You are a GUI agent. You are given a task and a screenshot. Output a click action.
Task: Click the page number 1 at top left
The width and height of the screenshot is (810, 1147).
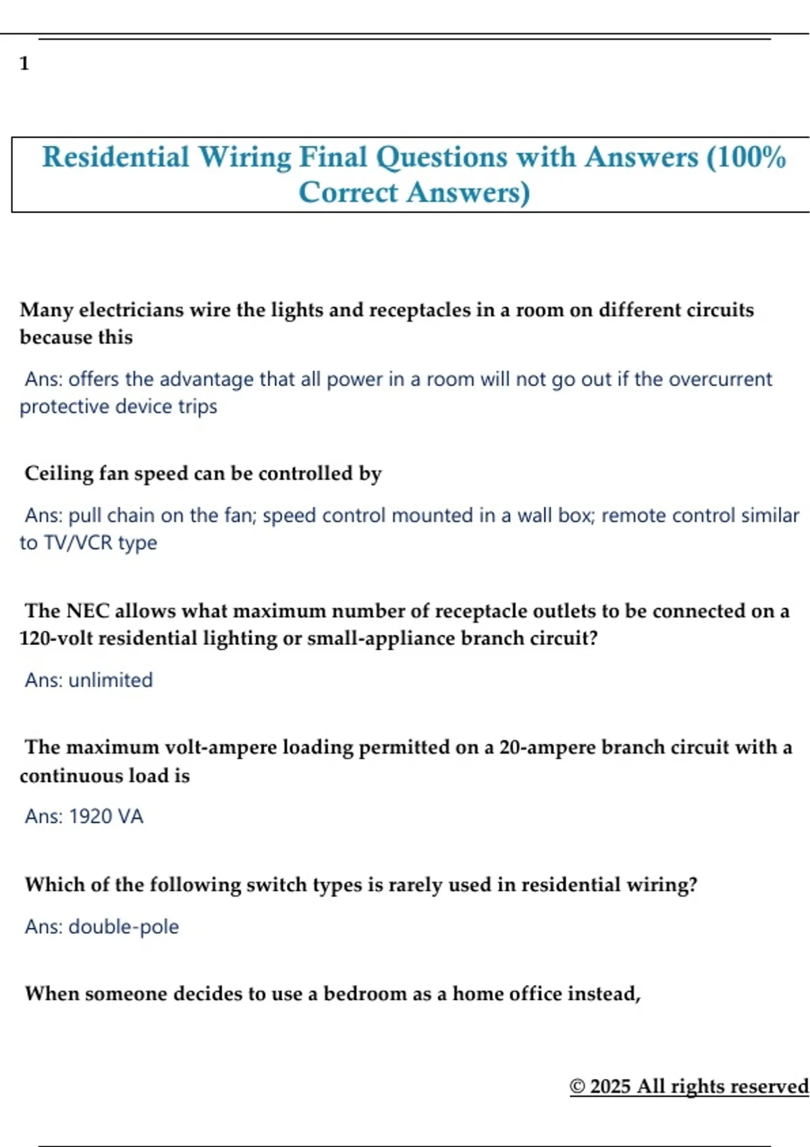24,63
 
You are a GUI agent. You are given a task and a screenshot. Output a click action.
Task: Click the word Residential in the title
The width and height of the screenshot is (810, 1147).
115,157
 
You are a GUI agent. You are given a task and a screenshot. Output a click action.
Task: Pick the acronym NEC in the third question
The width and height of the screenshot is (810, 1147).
88,611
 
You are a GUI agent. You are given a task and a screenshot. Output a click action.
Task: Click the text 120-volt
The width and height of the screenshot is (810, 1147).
56,638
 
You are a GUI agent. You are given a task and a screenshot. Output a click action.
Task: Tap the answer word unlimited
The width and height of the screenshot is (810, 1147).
111,680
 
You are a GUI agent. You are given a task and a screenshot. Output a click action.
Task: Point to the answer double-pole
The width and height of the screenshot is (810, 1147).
124,927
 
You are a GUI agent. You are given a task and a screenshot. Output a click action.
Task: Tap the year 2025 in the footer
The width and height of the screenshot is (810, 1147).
610,1086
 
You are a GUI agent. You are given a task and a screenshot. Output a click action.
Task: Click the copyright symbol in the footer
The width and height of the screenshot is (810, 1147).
577,1086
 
